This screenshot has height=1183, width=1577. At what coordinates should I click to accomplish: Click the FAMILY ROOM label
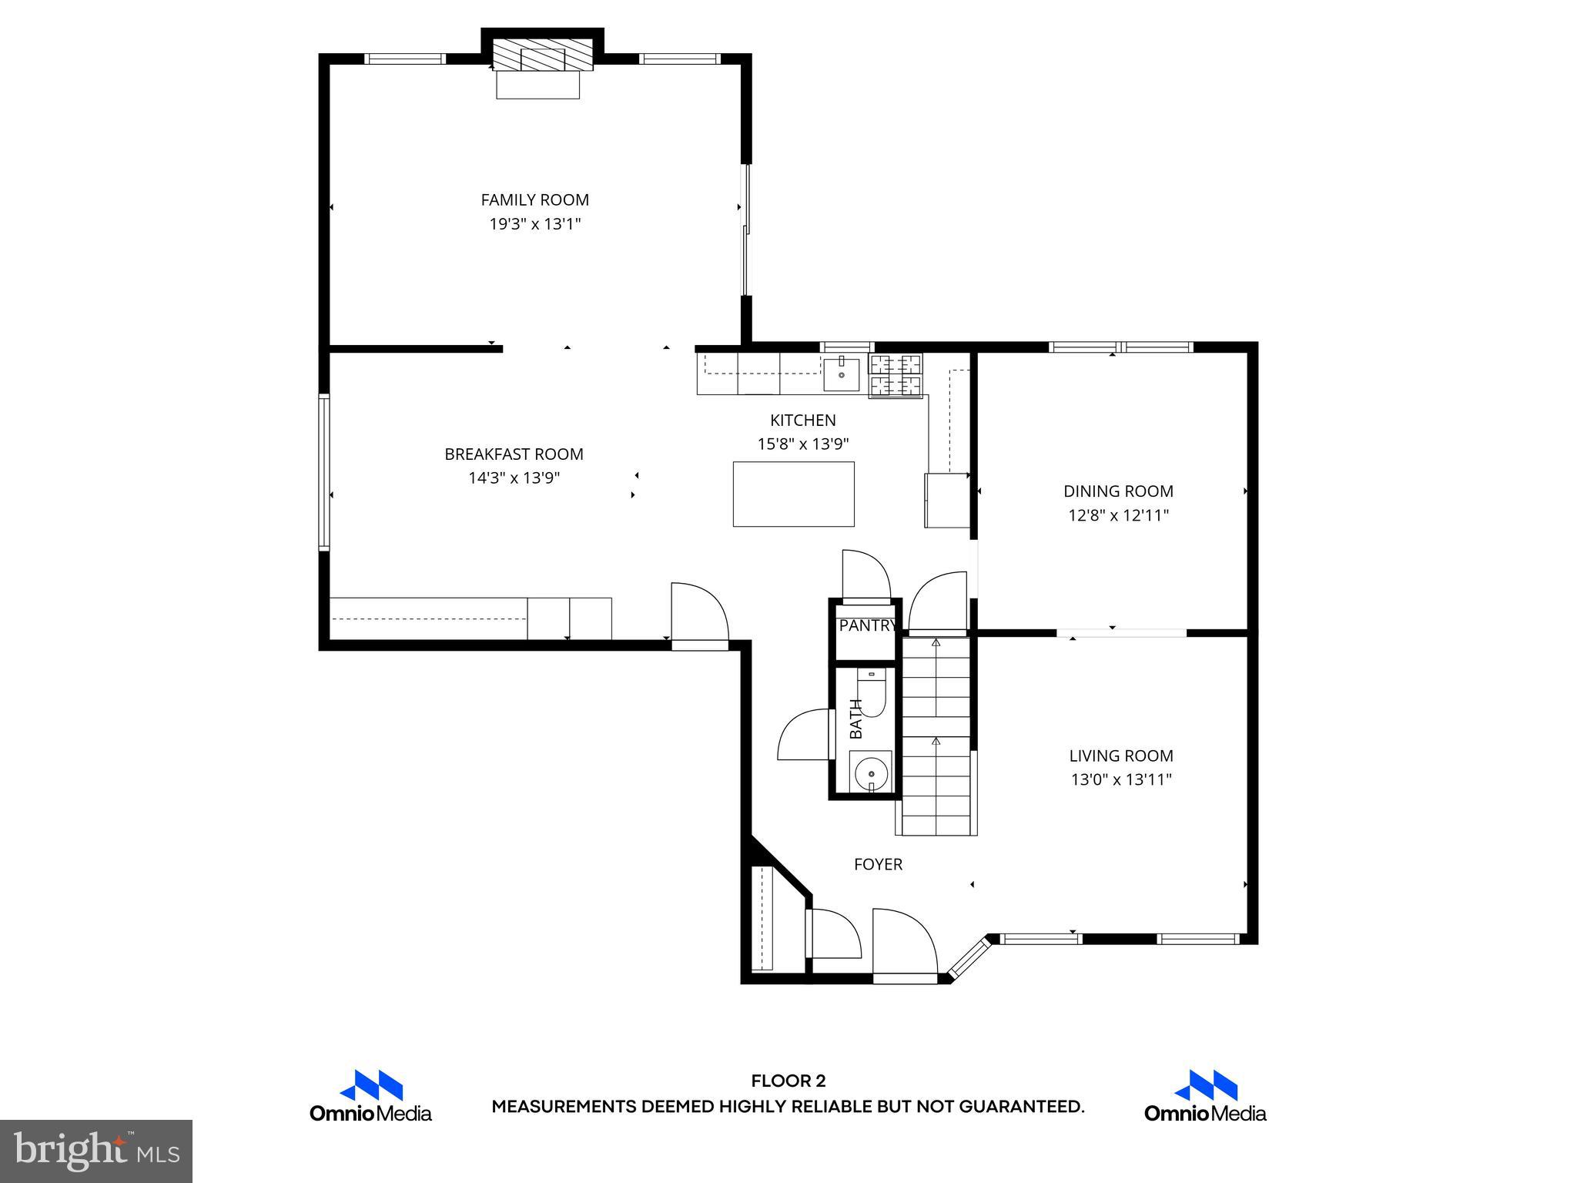[x=534, y=200]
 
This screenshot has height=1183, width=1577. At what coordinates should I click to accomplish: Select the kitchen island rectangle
[x=793, y=494]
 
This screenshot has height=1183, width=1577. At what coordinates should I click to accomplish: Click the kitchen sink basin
[x=841, y=375]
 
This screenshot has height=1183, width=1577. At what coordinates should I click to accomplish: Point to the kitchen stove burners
[x=896, y=375]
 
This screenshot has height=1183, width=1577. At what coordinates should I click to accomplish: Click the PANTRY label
[x=867, y=625]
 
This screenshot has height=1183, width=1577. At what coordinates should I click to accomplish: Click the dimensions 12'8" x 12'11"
[x=1118, y=515]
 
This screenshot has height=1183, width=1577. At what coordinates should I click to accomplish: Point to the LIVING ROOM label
[x=1120, y=756]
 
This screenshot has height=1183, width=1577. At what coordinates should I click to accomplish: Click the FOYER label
[x=878, y=865]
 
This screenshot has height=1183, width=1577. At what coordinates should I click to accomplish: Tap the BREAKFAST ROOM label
[x=514, y=454]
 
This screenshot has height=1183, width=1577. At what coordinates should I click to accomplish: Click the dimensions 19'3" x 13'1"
[x=534, y=224]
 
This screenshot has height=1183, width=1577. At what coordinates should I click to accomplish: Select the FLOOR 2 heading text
[x=788, y=1081]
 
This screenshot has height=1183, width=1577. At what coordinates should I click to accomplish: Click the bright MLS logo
[x=96, y=1151]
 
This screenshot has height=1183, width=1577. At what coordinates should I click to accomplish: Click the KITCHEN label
[x=802, y=421]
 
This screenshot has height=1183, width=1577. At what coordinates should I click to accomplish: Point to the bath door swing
[x=805, y=736]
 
